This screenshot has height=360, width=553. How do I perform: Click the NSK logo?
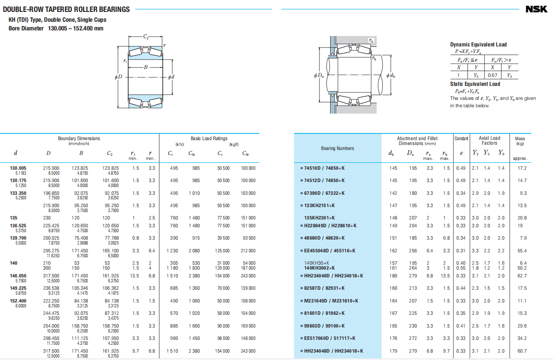tap(536, 9)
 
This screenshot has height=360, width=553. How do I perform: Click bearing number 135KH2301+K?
tap(319, 218)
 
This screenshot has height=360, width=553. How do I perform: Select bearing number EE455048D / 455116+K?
tap(330, 251)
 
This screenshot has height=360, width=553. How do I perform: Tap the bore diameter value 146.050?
tap(18, 276)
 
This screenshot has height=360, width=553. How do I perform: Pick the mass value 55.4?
tap(522, 251)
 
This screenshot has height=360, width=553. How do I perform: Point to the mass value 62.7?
tap(522, 276)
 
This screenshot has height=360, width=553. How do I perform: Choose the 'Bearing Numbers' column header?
tap(338, 148)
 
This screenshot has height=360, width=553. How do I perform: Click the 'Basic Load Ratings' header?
tap(209, 138)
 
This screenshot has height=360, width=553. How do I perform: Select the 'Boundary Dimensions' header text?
tap(79, 138)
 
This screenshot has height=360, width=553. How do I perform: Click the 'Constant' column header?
tap(461, 138)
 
